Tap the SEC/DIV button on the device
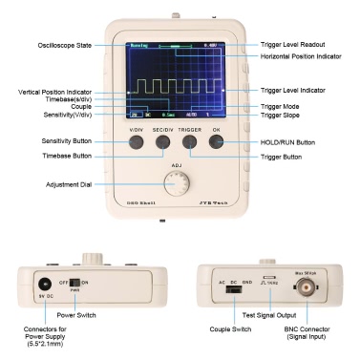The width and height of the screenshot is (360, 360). (163, 142)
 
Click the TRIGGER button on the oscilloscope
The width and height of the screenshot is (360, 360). (190, 142)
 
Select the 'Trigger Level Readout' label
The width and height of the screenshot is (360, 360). (297, 44)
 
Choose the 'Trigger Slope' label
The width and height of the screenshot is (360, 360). (286, 116)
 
